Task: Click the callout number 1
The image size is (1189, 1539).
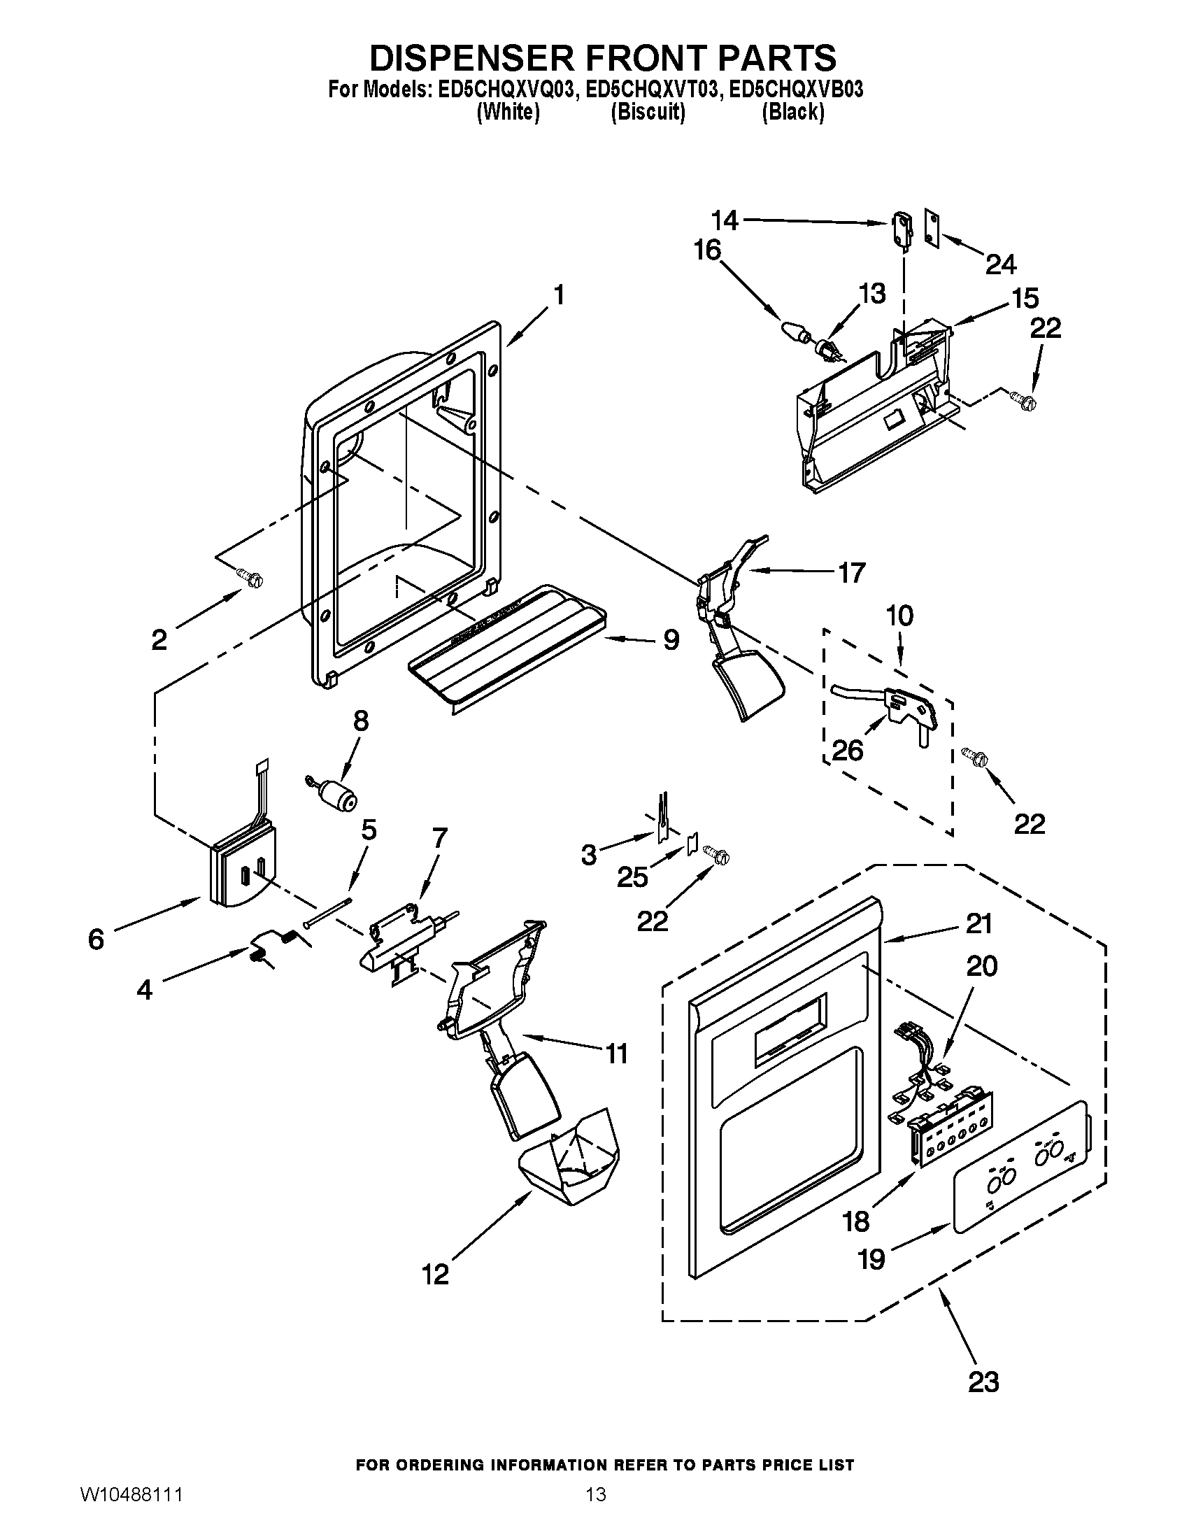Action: click(x=558, y=295)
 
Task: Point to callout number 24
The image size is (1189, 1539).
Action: click(x=1000, y=265)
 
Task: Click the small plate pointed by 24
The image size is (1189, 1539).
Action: click(x=933, y=229)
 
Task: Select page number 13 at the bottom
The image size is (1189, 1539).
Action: click(x=595, y=1510)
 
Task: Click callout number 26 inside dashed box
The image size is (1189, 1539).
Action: click(x=848, y=751)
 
